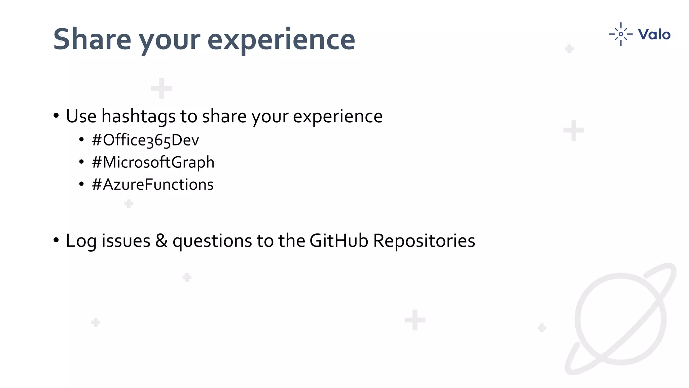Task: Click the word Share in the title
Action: pyautogui.click(x=92, y=39)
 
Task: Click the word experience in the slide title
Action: pyautogui.click(x=281, y=39)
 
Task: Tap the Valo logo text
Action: pyautogui.click(x=654, y=34)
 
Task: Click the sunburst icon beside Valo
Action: pyautogui.click(x=621, y=34)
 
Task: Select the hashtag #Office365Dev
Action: pyautogui.click(x=145, y=140)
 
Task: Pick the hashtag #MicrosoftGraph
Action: pyautogui.click(x=153, y=162)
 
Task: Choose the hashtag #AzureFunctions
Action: pyautogui.click(x=152, y=185)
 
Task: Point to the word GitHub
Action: pyautogui.click(x=338, y=241)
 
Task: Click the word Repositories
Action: pyautogui.click(x=424, y=241)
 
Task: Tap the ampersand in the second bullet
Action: pyautogui.click(x=161, y=241)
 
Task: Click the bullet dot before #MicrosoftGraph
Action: pyautogui.click(x=81, y=162)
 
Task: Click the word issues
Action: pyautogui.click(x=126, y=241)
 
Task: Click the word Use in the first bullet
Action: pyautogui.click(x=81, y=116)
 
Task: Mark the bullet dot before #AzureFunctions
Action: pyautogui.click(x=81, y=185)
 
